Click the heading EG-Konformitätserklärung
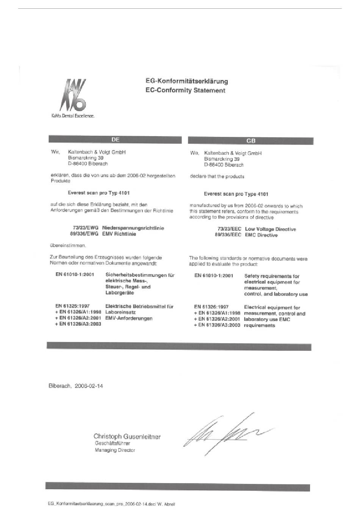(x=186, y=81)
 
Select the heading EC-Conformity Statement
(x=185, y=91)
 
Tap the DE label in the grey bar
(x=116, y=140)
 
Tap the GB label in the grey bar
(x=251, y=141)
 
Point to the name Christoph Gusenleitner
(x=127, y=437)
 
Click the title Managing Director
(x=115, y=450)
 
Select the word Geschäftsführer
(x=112, y=443)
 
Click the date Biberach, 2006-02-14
(x=76, y=386)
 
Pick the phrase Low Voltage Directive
(x=270, y=229)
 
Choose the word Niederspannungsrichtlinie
(x=133, y=228)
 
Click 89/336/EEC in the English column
(x=228, y=235)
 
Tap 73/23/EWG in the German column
(x=86, y=228)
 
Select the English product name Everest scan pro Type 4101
(x=236, y=194)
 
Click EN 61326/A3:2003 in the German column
(x=78, y=324)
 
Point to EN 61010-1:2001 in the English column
(x=214, y=276)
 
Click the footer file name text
(x=111, y=504)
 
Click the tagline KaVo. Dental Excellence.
(x=73, y=116)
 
